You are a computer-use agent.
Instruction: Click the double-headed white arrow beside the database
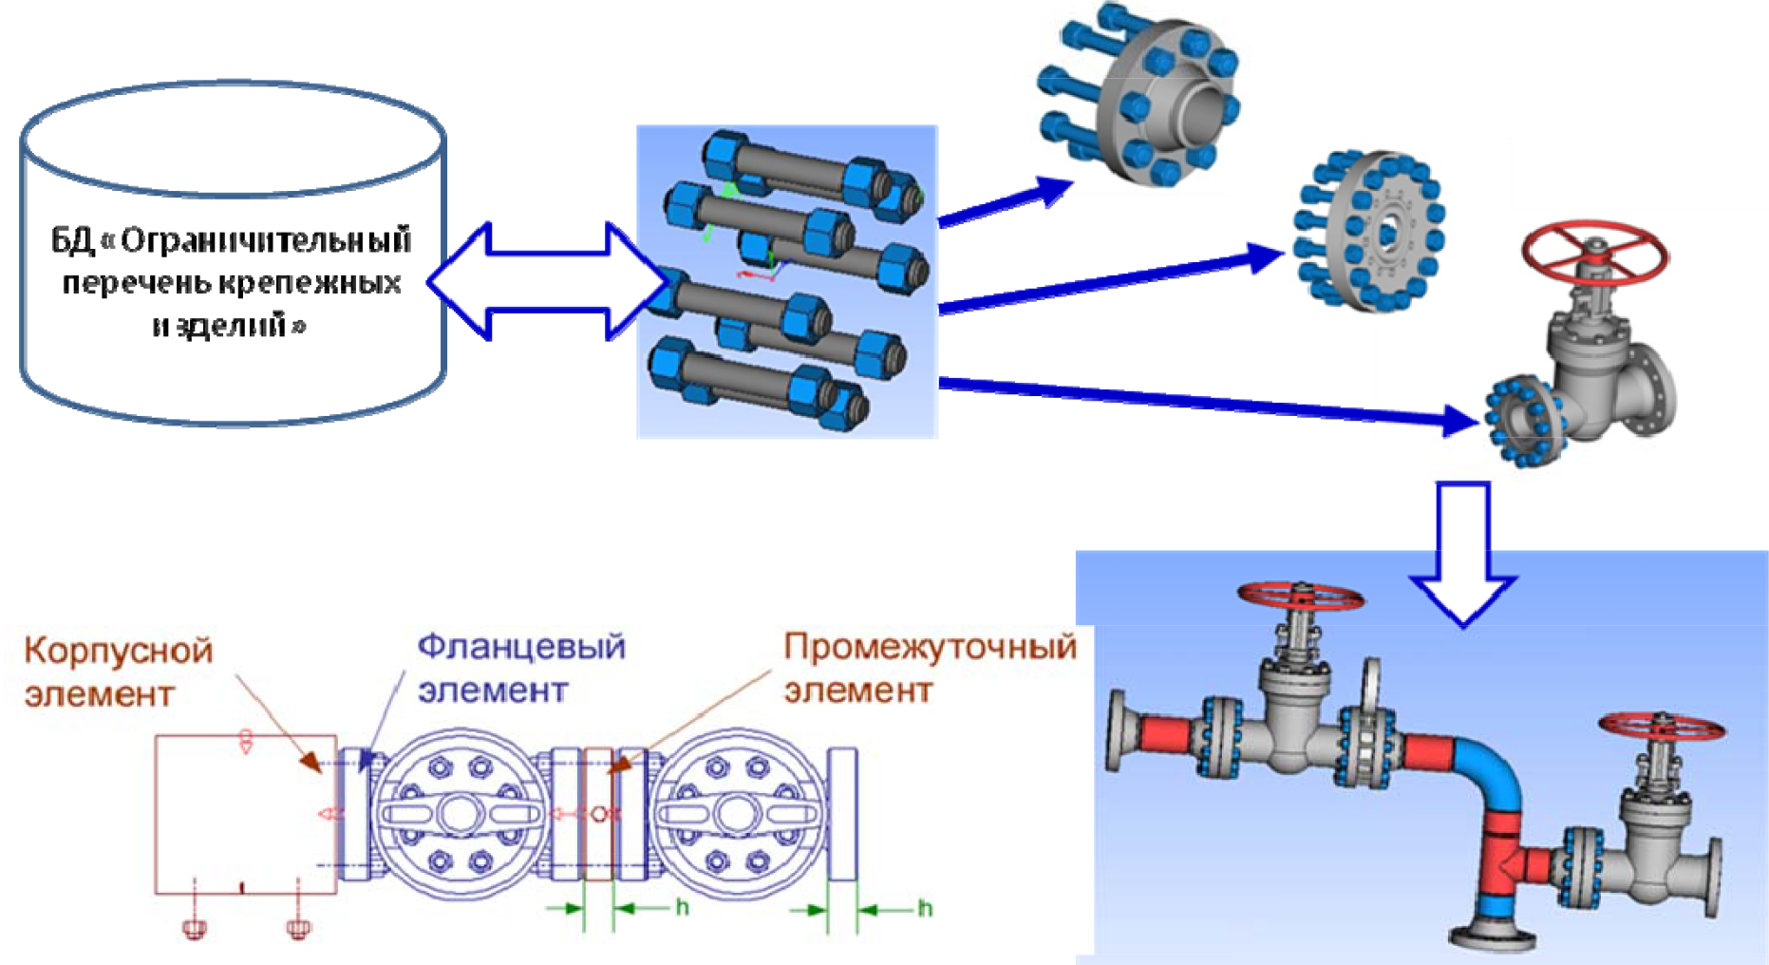(548, 281)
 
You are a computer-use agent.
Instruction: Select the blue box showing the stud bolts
(787, 282)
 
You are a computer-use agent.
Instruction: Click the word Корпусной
(118, 652)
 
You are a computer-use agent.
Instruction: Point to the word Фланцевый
(521, 647)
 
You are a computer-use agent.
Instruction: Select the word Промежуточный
(930, 647)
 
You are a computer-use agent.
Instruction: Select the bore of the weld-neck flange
(1200, 106)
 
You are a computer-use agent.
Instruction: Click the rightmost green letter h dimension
(924, 909)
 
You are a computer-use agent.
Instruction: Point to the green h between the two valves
(682, 908)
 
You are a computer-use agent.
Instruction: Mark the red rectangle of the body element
(245, 814)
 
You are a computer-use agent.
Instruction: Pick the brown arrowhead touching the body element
(311, 761)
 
